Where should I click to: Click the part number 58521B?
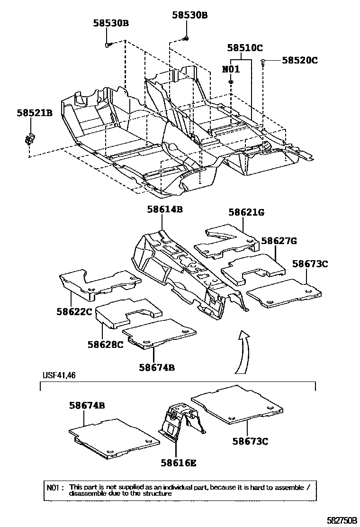coord(35,113)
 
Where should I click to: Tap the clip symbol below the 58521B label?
coord(28,139)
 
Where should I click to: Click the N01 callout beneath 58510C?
coord(231,69)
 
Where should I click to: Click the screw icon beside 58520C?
coord(263,62)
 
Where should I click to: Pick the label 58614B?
coord(164,209)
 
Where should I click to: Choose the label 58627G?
coord(279,241)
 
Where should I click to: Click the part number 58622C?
coord(74,312)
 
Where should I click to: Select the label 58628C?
coord(105,344)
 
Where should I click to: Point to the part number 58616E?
coord(178,463)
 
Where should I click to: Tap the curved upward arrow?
coord(243,351)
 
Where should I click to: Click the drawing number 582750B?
coord(340,520)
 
